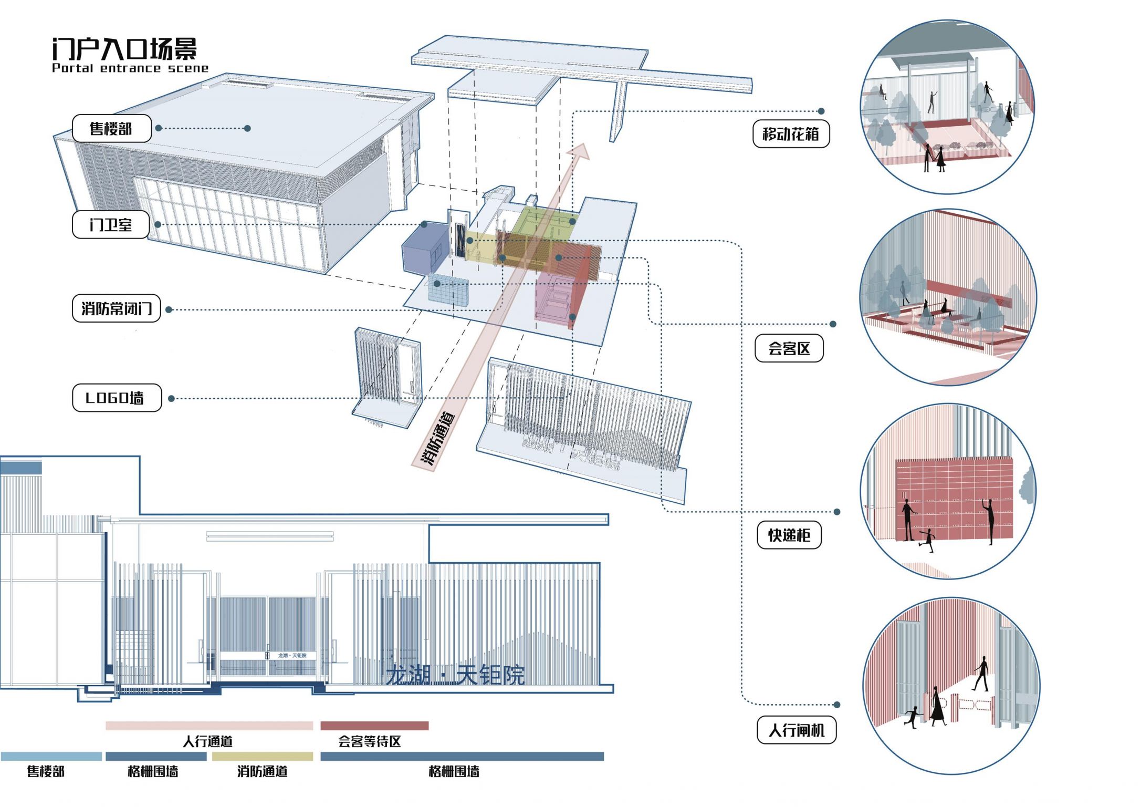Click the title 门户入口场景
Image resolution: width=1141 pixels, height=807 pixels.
click(124, 49)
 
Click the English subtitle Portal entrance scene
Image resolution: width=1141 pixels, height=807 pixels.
click(130, 68)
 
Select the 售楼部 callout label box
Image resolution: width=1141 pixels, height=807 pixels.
click(111, 128)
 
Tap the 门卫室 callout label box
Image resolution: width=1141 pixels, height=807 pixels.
click(111, 224)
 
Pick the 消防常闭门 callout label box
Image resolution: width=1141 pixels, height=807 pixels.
click(116, 308)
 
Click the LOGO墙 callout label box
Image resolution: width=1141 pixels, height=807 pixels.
click(117, 398)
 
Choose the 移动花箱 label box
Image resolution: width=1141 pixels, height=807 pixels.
click(791, 134)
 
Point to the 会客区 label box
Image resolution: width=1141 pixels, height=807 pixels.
click(789, 348)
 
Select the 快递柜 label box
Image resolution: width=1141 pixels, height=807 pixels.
click(789, 535)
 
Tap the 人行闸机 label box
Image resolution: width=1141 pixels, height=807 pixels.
click(796, 730)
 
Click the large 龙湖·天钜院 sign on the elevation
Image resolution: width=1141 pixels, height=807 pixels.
click(455, 675)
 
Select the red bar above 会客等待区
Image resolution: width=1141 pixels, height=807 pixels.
click(374, 726)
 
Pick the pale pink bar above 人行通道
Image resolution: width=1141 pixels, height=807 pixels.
click(209, 726)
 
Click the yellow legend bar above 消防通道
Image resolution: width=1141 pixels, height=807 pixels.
click(262, 756)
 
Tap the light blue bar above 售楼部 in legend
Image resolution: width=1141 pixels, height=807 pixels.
click(51, 756)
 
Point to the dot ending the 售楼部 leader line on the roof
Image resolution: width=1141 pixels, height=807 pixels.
click(247, 128)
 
